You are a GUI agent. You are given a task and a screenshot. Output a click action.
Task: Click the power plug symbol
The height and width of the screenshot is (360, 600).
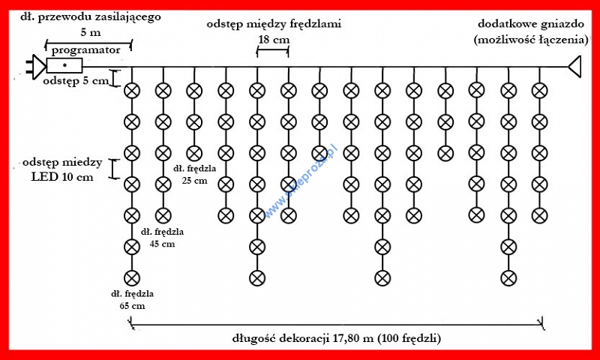click(34, 67)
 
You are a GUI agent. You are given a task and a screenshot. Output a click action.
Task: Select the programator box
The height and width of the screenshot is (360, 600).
click(66, 67)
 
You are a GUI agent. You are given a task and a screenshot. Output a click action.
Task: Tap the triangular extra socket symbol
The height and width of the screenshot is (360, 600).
click(575, 67)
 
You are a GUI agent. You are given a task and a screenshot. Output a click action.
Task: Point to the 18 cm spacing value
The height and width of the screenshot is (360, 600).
click(272, 39)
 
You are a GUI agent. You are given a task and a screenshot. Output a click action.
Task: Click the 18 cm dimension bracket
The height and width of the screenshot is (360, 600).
click(272, 51)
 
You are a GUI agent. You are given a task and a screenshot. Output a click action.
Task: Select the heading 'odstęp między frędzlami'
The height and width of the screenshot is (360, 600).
click(274, 25)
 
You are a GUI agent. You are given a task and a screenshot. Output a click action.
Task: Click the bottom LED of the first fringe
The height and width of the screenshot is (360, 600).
click(132, 278)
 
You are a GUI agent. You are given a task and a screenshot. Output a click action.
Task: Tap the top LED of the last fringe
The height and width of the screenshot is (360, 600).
click(538, 91)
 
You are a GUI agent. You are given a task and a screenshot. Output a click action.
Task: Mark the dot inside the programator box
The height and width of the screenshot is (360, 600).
click(66, 67)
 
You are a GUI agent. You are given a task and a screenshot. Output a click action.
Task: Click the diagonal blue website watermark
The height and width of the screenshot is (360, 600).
click(300, 180)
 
